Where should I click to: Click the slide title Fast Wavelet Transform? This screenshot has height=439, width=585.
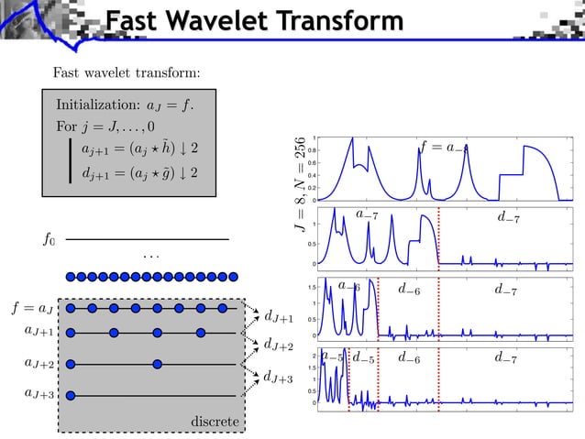[253, 21]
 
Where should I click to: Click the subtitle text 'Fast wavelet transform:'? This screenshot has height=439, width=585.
[127, 72]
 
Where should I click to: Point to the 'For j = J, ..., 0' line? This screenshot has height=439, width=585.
[105, 126]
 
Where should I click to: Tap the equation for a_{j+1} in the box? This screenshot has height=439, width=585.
[139, 148]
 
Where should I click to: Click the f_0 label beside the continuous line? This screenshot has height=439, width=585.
[50, 239]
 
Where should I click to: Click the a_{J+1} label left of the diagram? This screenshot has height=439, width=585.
[39, 332]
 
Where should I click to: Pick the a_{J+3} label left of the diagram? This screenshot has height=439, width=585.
[39, 394]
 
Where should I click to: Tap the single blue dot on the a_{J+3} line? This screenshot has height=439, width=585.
[70, 395]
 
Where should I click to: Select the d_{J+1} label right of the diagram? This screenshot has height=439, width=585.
[278, 318]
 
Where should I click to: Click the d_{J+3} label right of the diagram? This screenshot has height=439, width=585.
[278, 377]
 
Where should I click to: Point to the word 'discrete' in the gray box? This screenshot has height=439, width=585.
[215, 421]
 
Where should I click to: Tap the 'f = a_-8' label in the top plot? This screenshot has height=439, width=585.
[444, 148]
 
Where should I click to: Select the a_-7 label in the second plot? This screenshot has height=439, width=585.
[368, 215]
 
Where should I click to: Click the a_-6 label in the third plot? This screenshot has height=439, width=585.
[348, 286]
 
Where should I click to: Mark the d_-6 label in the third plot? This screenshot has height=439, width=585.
[409, 290]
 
